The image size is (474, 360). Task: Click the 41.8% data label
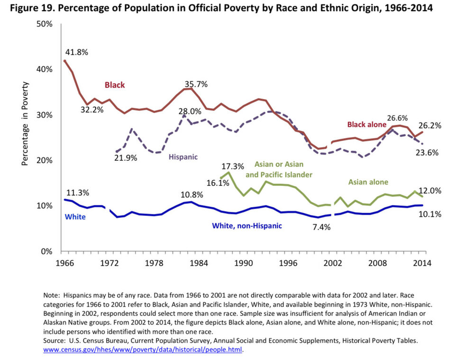point(76,53)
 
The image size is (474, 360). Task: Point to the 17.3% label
point(232,167)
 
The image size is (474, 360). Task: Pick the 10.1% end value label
point(430,214)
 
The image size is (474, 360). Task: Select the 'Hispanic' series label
point(184,156)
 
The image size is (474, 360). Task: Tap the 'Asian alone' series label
point(368,182)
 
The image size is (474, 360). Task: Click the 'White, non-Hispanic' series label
point(246,226)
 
